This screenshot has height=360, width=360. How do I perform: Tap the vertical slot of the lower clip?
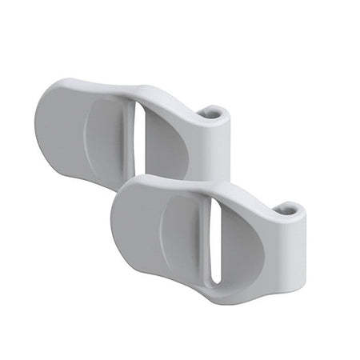pyautogui.click(x=214, y=237)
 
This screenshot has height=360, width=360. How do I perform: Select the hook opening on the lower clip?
pyautogui.click(x=287, y=210)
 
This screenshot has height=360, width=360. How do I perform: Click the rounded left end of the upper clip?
pyautogui.click(x=46, y=132)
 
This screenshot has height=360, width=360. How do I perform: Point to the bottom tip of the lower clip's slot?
pyautogui.click(x=215, y=279)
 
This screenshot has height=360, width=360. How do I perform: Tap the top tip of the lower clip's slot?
pyautogui.click(x=214, y=200)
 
